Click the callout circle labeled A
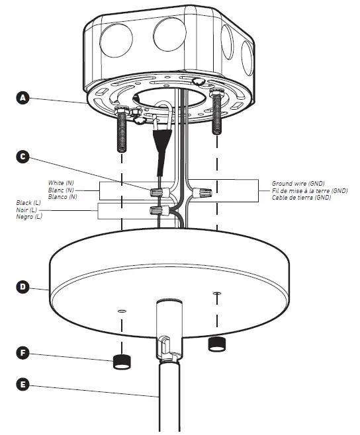point(23,98)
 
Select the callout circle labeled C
point(23,157)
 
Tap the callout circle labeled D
point(23,287)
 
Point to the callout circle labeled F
point(23,353)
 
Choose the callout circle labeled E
point(23,383)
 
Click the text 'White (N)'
point(62,182)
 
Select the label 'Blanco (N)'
point(64,196)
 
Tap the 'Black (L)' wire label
point(30,203)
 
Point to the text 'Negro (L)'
point(30,217)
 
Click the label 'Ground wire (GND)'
point(298,183)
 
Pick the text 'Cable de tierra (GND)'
point(301,197)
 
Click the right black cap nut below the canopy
point(216,343)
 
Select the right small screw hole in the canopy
point(216,292)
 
